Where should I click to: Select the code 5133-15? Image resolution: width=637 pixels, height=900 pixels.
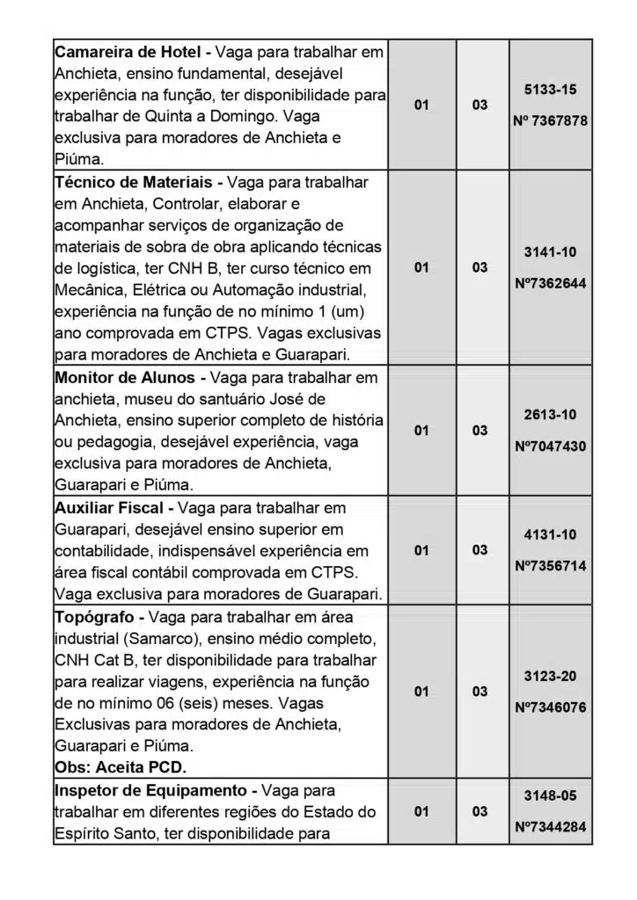coord(550,90)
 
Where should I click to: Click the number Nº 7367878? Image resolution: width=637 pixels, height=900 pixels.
coord(550,121)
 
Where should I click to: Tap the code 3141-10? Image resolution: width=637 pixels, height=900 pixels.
coord(550,252)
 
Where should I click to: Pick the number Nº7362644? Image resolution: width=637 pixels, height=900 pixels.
coord(550,284)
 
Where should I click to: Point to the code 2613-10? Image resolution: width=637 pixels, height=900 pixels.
coord(550,415)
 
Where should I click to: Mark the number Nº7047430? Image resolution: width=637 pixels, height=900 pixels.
coord(550,446)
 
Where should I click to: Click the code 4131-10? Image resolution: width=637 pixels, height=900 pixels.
coord(550,534)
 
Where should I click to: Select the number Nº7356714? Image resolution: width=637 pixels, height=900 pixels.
coord(550,566)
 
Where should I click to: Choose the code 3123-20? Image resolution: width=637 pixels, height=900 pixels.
coord(550,676)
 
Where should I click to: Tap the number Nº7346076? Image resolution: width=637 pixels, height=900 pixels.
coord(550,708)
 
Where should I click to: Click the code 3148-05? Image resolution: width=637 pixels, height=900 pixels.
coord(550,795)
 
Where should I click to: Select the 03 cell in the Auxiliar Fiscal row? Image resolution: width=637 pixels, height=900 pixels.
coord(480,550)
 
